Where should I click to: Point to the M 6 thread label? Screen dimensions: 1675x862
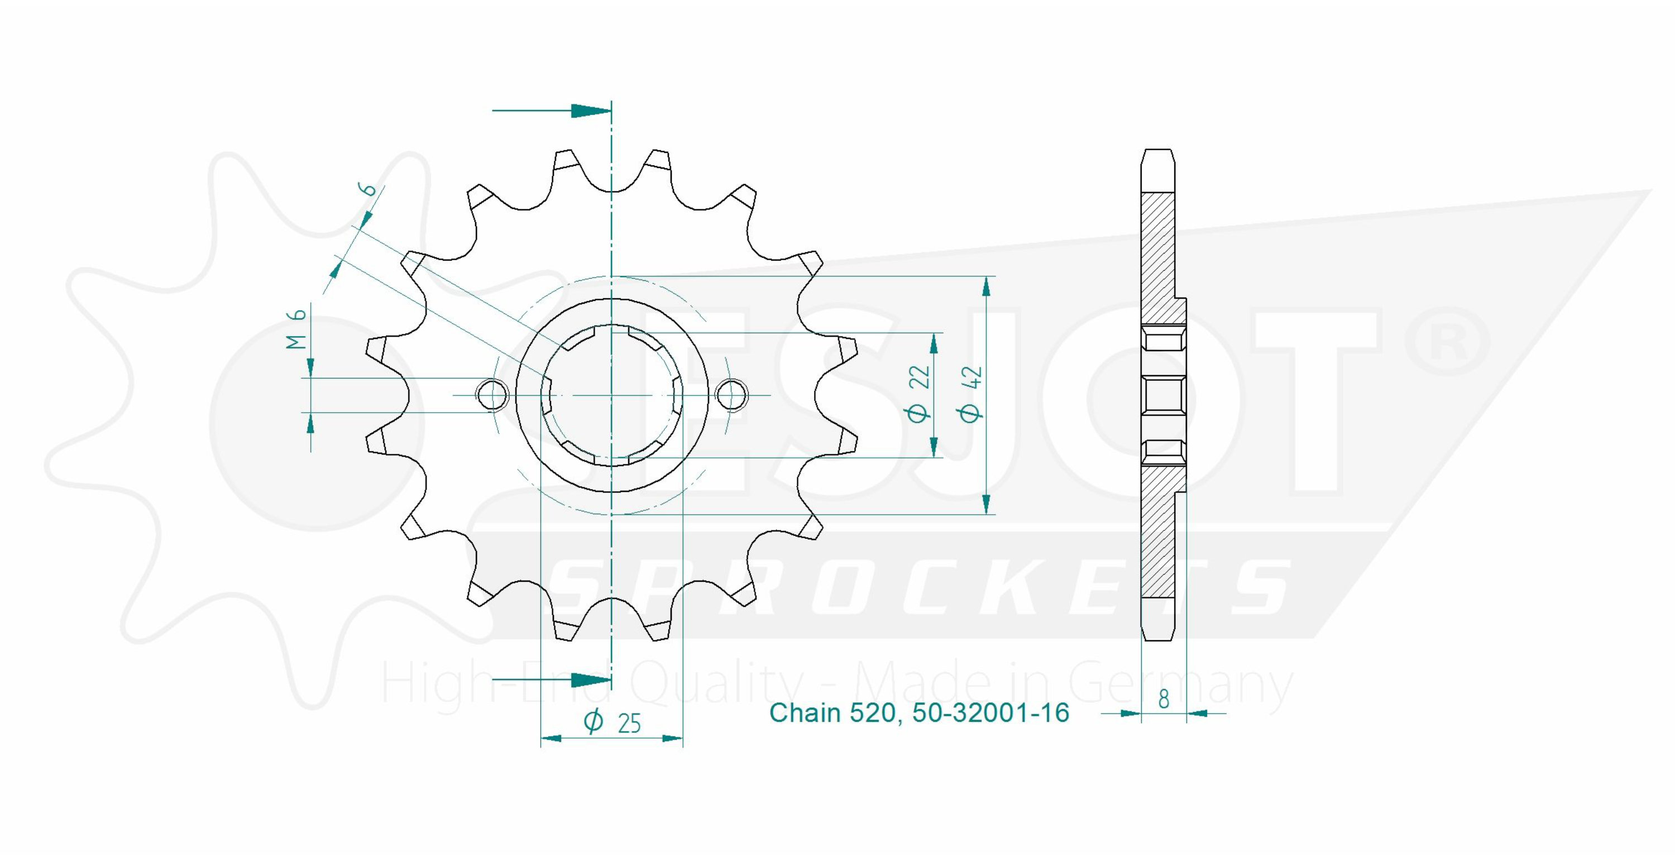(x=296, y=329)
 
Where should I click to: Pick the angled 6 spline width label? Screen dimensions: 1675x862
(x=368, y=189)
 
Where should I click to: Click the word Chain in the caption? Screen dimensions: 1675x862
(x=806, y=713)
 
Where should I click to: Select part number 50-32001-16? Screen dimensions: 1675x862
(x=991, y=713)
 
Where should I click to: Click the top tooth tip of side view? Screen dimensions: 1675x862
(x=1159, y=151)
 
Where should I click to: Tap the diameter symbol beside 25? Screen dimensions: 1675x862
(x=593, y=721)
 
